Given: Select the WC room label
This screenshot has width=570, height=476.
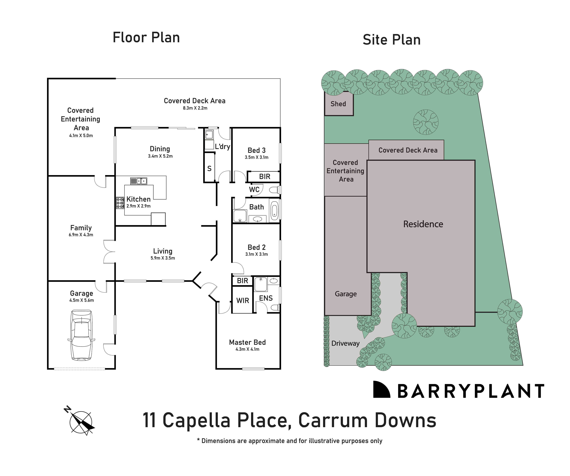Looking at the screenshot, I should pyautogui.click(x=254, y=190).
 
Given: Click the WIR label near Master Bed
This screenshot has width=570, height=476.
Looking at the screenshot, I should pyautogui.click(x=243, y=300).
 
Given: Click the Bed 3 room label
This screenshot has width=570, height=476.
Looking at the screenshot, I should pyautogui.click(x=256, y=150).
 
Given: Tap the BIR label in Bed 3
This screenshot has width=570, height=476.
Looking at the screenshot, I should pyautogui.click(x=265, y=177).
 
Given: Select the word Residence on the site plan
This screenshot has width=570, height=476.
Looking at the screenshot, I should pyautogui.click(x=423, y=224).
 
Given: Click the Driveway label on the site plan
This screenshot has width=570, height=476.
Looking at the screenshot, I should pyautogui.click(x=345, y=343).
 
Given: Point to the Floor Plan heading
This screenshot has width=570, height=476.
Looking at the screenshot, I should pyautogui.click(x=146, y=38).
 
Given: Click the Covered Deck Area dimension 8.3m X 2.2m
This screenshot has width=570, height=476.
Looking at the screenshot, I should pyautogui.click(x=195, y=108).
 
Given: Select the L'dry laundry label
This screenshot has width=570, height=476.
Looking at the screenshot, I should pyautogui.click(x=222, y=147).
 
